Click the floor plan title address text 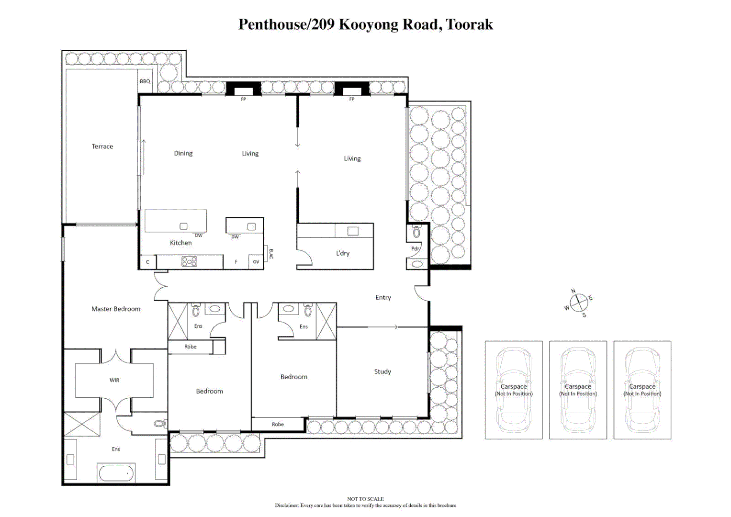(365, 24)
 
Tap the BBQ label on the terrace (145, 81)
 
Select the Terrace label (102, 146)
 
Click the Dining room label (183, 153)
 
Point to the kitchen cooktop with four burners (189, 262)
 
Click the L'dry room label (342, 253)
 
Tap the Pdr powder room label (415, 248)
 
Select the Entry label (383, 297)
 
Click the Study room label (382, 371)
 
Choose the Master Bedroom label (116, 309)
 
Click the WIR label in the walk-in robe (114, 380)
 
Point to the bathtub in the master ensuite (116, 473)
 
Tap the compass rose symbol (578, 302)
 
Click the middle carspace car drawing (578, 390)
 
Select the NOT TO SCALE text (365, 499)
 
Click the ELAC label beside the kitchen (271, 254)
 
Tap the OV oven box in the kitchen (256, 262)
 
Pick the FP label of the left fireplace (243, 99)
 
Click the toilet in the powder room (416, 232)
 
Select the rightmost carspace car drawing (642, 390)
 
